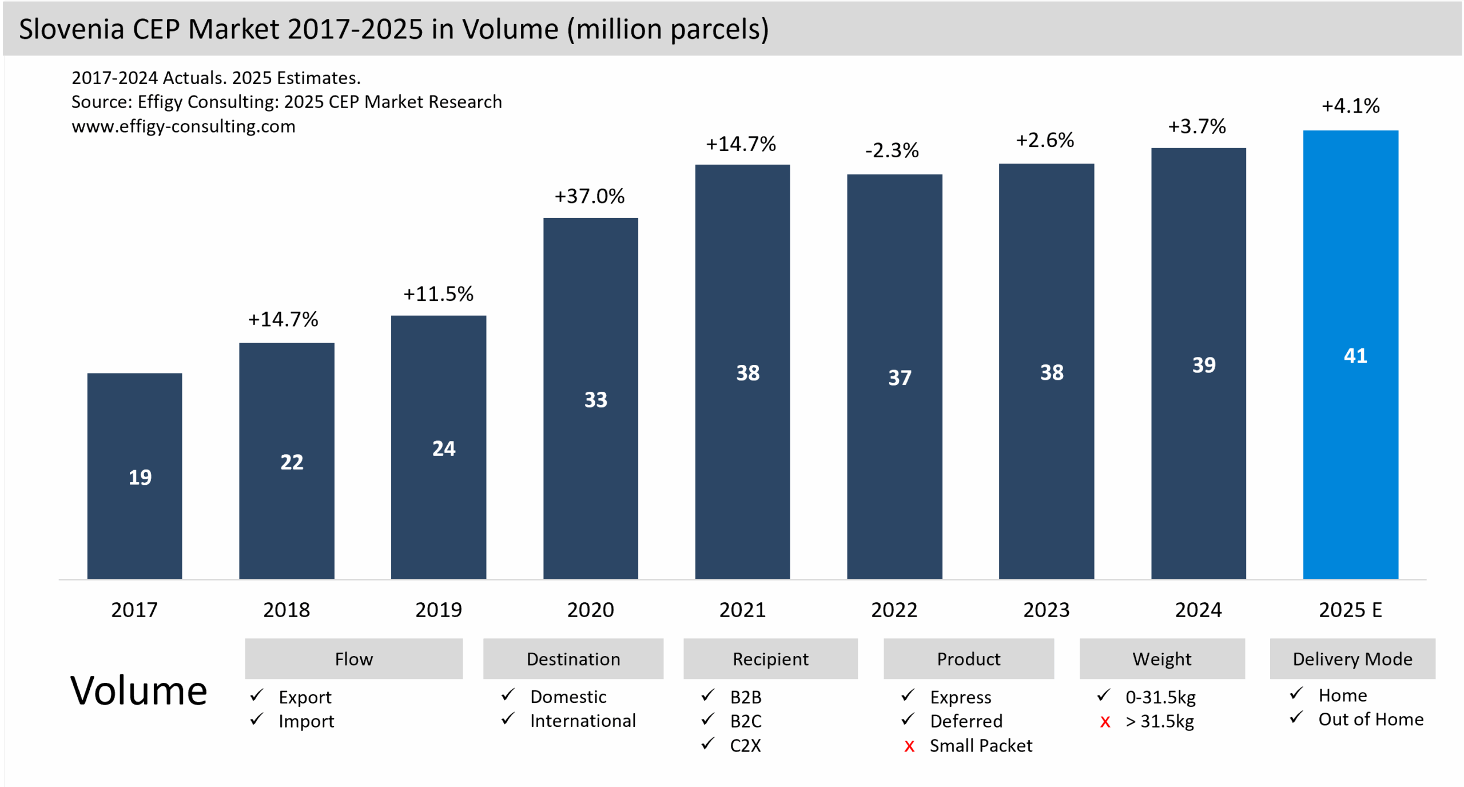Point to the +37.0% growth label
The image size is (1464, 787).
(589, 196)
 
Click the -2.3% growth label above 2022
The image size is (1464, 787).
(892, 150)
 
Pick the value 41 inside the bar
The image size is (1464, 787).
(1355, 356)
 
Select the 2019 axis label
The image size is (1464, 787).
(438, 610)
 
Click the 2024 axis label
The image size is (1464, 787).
(1198, 610)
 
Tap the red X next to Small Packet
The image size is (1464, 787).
(909, 746)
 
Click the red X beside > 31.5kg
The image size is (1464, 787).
(1105, 722)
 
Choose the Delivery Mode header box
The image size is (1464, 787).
(1352, 659)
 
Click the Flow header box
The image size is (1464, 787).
(353, 659)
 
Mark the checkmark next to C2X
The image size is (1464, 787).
(708, 744)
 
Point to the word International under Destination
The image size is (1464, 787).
(582, 721)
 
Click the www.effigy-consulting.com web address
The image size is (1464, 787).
(183, 126)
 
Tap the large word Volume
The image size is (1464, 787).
(138, 691)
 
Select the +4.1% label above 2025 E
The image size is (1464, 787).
(1350, 106)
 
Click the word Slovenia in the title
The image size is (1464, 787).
(71, 29)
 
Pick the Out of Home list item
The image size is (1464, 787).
(1370, 719)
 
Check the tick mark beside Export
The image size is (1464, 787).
(257, 695)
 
